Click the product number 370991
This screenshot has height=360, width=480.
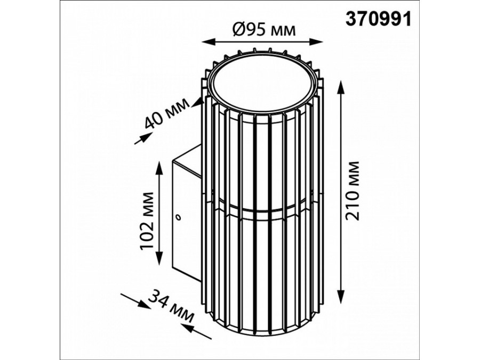point(378,19)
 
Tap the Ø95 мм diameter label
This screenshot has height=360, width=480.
point(265,30)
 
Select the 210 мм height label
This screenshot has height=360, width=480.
point(353,190)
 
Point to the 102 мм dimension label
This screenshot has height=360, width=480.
point(147,221)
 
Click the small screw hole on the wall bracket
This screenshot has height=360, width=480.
point(177,218)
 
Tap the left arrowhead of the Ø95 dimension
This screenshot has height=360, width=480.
point(208,42)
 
